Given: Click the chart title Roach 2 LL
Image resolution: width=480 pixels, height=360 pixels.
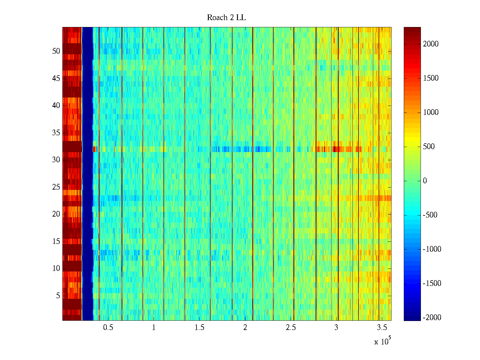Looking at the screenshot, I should [226, 18].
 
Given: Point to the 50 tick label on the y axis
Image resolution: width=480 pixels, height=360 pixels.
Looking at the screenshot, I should [56, 51].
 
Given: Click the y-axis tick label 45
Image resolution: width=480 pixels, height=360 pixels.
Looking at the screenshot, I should [56, 79].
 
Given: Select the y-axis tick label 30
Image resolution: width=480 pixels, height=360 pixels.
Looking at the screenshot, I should [56, 160].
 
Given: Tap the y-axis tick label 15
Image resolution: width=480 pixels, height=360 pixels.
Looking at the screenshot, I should [56, 241].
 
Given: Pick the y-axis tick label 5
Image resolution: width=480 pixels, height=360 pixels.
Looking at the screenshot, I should [58, 296].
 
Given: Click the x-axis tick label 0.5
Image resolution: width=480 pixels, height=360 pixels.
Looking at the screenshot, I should [108, 328].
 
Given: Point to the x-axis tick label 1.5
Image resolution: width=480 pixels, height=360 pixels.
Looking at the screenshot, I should [199, 328].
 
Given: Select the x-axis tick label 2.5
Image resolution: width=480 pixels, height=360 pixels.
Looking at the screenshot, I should [291, 328].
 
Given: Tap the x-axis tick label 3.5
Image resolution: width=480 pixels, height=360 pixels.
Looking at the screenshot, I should [382, 328].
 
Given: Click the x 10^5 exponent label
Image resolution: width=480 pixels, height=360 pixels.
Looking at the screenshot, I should [382, 341].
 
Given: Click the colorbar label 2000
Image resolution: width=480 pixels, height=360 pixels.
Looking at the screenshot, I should [430, 44].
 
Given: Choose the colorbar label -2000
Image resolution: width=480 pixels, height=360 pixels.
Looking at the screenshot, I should [432, 318].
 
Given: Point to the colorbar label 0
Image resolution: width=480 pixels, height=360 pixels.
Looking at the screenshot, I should [425, 181].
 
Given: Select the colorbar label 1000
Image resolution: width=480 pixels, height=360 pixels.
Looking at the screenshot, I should [430, 112].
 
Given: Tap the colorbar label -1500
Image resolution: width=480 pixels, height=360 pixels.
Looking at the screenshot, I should [432, 283].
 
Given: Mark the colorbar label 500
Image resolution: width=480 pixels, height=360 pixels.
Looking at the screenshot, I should [429, 147].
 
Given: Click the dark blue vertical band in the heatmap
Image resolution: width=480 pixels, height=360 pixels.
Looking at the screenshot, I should [87, 174].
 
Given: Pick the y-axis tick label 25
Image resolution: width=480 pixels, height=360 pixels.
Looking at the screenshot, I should [56, 187].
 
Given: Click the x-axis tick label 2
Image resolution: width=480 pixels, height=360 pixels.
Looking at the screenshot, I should [245, 328].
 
